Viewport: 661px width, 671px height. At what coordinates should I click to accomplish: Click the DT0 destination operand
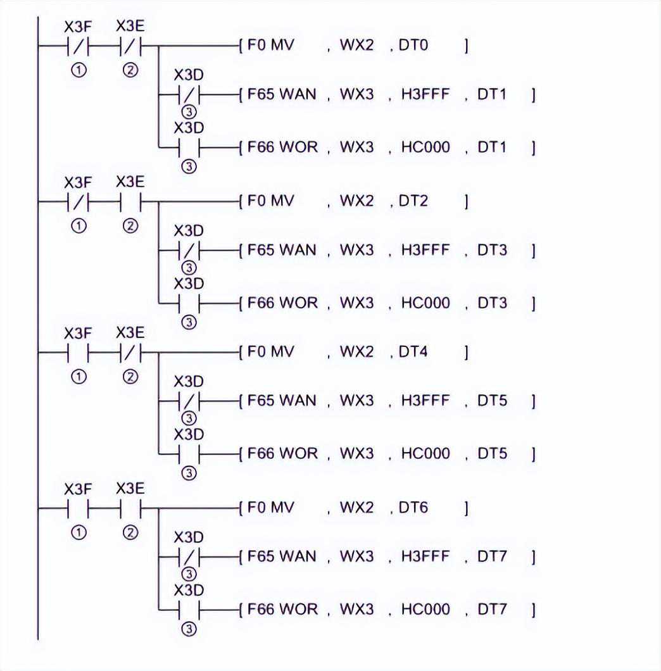413,46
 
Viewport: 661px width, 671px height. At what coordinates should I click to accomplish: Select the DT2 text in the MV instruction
413,201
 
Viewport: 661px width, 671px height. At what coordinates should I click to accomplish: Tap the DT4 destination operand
413,352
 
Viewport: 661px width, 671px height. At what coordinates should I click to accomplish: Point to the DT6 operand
413,507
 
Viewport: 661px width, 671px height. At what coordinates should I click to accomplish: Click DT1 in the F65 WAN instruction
492,95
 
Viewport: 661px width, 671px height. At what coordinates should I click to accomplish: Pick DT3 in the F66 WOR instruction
492,303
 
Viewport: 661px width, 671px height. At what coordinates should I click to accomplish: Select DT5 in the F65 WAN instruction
492,401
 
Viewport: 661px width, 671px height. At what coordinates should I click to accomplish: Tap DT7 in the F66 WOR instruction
492,609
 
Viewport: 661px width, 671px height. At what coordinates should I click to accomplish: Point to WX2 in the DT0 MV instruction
356,46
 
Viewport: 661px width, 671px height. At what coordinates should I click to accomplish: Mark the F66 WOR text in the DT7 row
282,609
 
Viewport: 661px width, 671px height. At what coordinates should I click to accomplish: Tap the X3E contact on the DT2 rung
130,203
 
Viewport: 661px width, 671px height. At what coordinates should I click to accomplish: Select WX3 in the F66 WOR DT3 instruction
356,303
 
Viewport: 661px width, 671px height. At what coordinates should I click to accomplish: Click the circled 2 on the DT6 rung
130,532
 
